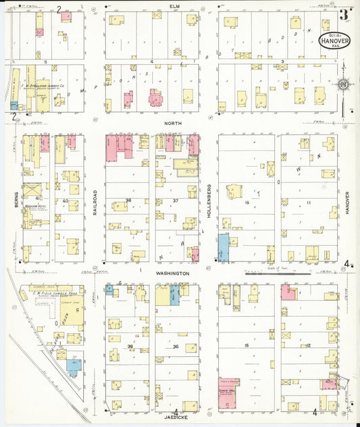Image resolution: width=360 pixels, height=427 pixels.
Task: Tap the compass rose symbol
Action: [343, 84]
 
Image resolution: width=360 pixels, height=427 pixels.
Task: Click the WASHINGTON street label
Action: [172, 273]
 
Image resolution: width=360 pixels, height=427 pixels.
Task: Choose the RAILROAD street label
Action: [96, 201]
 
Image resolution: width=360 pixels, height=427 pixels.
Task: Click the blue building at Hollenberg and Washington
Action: [223, 247]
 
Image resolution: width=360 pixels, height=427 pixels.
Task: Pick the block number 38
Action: [128, 201]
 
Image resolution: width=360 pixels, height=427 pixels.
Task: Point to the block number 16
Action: [248, 201]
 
